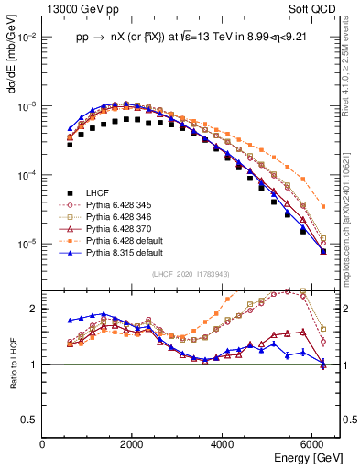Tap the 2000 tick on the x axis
tap(134, 443)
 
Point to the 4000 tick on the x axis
tap(224, 443)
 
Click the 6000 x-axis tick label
tap(314, 443)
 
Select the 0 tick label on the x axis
tap(43, 443)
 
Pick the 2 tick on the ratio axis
tap(35, 309)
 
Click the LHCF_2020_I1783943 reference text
tap(191, 274)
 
